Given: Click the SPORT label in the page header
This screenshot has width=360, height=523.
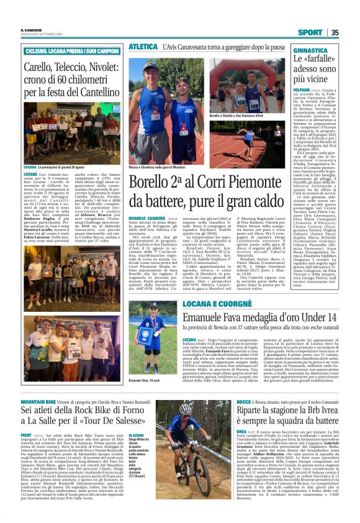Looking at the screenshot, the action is coord(310,32).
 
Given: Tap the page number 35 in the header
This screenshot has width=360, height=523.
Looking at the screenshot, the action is coord(335,32).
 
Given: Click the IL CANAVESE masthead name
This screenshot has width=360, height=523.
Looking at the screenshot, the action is coord(32,30).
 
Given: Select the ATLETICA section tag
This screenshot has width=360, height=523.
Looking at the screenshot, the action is coord(142,47).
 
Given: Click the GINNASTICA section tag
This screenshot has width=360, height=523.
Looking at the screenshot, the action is coord(309,49).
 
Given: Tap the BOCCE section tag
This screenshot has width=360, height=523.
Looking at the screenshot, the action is coord(244,402).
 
